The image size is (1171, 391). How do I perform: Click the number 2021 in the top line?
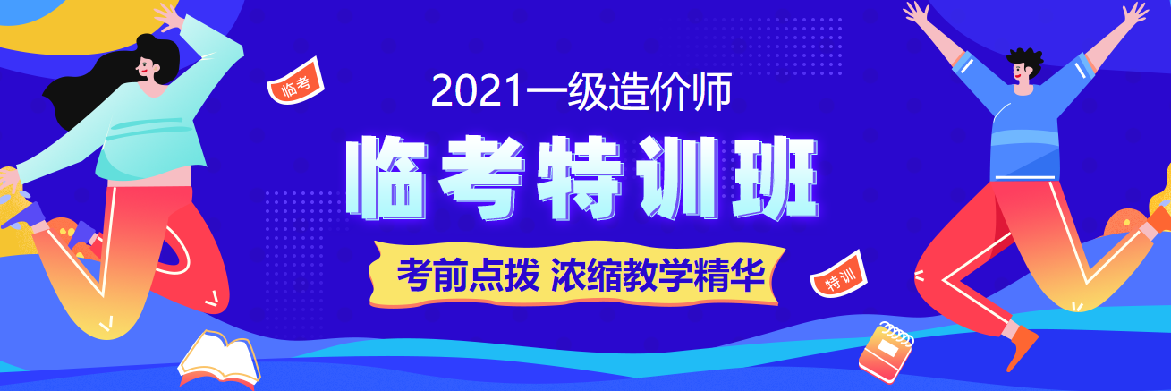(471, 92)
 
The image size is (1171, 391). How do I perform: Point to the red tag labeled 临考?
(294, 84)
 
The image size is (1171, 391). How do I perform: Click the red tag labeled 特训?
(839, 280)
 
